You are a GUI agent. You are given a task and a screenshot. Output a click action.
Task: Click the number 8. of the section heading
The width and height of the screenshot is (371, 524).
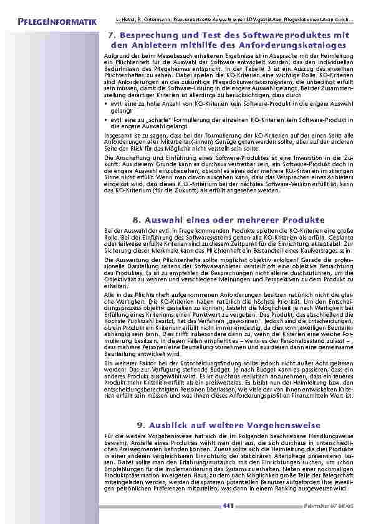(137, 220)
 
